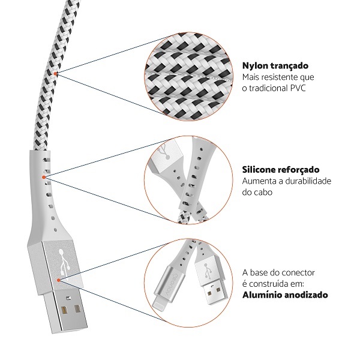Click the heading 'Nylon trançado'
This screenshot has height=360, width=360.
click(x=275, y=66)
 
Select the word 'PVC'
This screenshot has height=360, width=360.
click(x=298, y=88)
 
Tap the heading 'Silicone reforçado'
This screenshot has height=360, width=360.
click(x=281, y=170)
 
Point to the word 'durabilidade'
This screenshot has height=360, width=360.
click(x=308, y=181)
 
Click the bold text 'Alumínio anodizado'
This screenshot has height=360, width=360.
click(x=285, y=295)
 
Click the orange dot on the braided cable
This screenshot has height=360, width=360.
click(x=55, y=73)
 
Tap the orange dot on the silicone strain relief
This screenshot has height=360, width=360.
click(x=44, y=177)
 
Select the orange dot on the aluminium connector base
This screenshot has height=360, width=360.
click(x=59, y=280)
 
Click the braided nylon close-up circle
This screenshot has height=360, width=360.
click(x=188, y=77)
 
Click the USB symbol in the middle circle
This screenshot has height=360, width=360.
click(x=165, y=151)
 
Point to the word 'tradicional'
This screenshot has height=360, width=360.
click(x=268, y=88)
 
